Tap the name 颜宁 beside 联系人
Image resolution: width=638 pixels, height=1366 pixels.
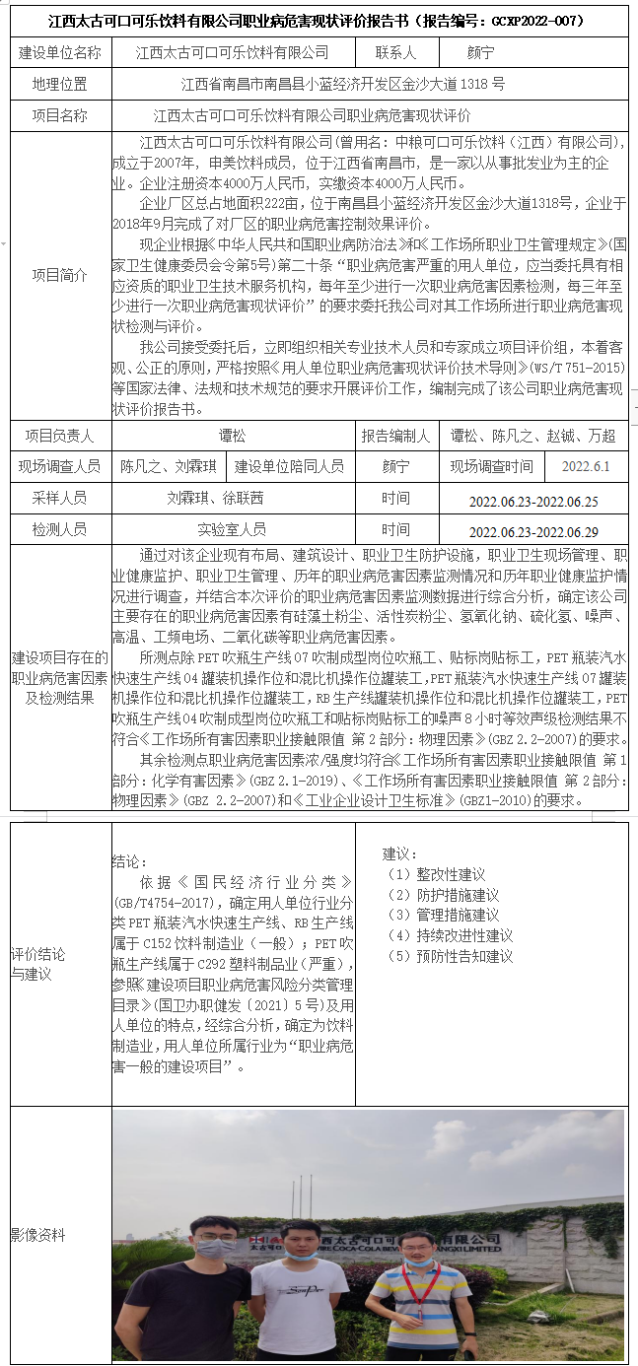480,52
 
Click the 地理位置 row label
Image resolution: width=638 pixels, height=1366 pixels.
59,84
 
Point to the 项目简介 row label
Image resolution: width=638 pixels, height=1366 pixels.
59,275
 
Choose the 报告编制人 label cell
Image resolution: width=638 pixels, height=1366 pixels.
395,435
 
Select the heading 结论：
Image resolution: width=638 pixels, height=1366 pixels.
130,861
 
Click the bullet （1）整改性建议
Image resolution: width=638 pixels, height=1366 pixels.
436,875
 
